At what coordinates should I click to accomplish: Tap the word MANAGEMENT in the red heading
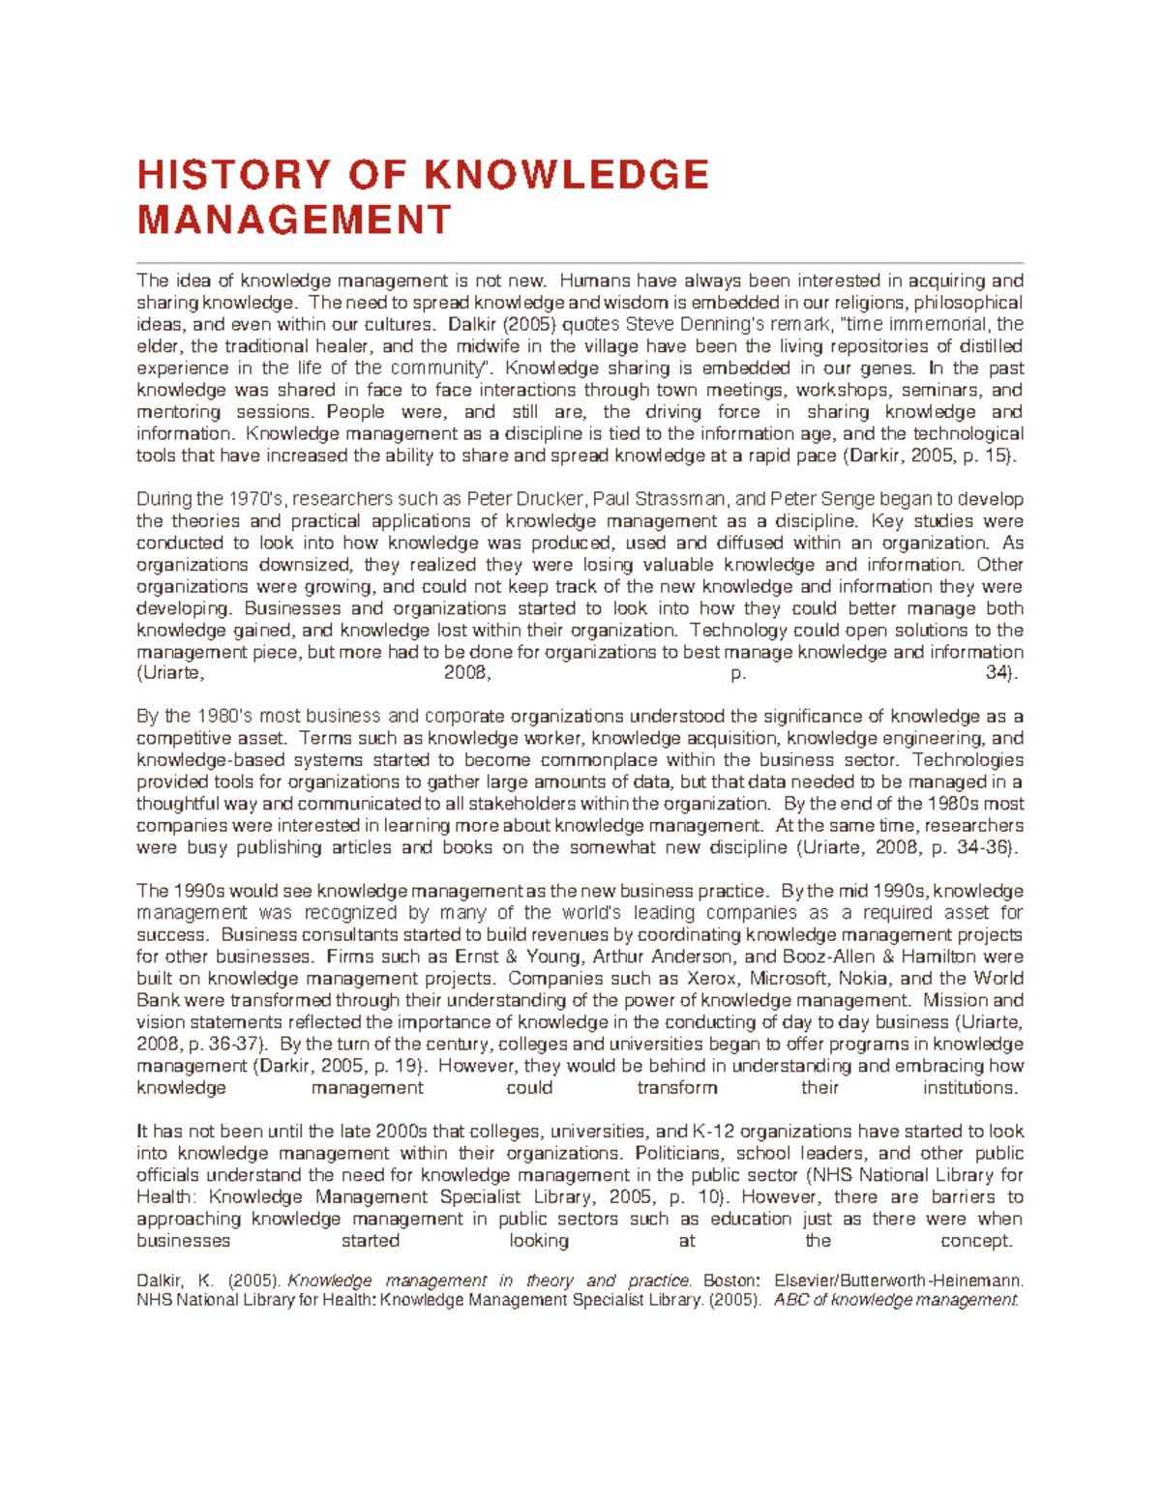[295, 220]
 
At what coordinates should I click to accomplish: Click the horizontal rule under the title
[580, 262]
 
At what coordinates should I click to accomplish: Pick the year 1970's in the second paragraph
[254, 499]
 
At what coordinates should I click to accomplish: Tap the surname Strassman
[688, 499]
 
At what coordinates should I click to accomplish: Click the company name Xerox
[711, 979]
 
